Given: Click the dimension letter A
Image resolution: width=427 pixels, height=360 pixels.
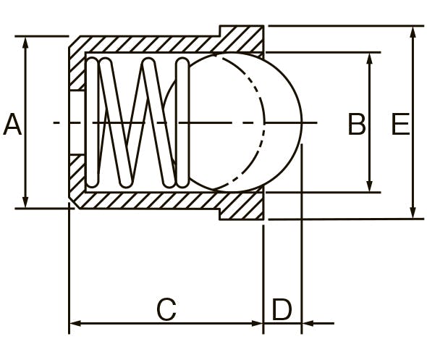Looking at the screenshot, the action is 12,125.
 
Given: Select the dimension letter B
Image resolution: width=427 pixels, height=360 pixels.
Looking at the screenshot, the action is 357,125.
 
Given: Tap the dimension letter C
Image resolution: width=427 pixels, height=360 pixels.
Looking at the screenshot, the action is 166,309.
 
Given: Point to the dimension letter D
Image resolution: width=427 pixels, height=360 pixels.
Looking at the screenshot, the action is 282,309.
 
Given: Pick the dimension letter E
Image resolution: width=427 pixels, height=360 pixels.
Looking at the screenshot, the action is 400,125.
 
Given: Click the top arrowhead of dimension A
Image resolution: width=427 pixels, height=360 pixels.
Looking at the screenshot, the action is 25,43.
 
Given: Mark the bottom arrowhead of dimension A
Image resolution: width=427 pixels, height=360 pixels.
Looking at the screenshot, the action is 25,201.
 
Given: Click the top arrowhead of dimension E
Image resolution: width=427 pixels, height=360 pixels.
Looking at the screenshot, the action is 413,33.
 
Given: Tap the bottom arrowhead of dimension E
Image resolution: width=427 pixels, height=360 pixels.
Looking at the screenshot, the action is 413,212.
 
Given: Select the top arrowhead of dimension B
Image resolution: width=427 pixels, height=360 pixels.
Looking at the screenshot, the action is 370,59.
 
